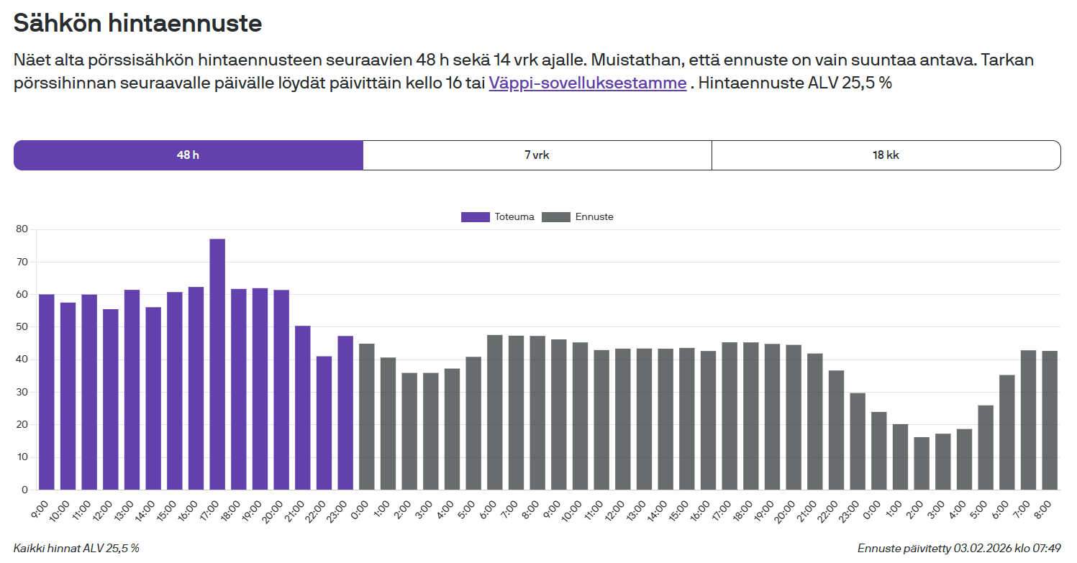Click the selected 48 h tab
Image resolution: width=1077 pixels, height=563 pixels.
pos(188,155)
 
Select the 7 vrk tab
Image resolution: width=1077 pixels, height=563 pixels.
pos(537,155)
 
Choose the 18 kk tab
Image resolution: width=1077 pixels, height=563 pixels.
pos(886,155)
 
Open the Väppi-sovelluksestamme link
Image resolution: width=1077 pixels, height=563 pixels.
pos(587,83)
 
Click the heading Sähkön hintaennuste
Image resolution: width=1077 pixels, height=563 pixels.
pos(137,24)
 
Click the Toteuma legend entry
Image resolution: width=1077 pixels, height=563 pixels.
pos(498,216)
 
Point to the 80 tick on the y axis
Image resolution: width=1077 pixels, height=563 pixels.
pos(22,229)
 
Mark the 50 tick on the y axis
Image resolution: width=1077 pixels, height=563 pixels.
pos(22,327)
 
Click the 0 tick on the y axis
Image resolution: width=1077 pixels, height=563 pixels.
pos(24,490)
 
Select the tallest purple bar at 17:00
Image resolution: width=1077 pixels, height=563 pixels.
pos(217,364)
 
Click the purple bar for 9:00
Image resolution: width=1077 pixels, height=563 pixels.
pos(47,392)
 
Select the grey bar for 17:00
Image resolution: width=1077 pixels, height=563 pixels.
pos(730,416)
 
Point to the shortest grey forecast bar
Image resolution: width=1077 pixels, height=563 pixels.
pos(922,463)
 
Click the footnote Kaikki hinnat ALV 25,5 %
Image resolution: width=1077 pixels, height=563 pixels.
pos(76,549)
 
